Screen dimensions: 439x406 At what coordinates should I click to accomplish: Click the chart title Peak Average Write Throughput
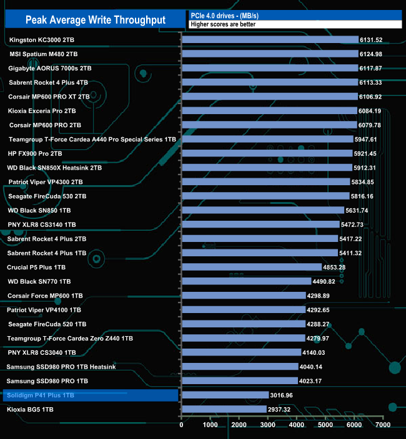pos(95,20)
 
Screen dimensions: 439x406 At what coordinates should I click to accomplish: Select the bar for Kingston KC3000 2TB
pos(270,39)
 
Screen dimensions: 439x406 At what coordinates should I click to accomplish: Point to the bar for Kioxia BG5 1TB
pos(224,409)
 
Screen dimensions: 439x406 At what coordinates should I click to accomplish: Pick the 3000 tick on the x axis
pos(268,425)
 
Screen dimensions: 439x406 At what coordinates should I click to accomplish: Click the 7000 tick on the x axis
pos(383,425)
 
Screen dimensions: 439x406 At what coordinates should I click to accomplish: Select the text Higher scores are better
pos(223,24)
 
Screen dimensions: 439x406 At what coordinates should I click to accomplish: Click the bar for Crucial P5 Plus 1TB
pos(251,267)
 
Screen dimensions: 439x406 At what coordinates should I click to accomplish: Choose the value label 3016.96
pos(283,395)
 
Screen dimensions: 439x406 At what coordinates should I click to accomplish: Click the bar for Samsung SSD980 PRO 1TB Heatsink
pos(239,367)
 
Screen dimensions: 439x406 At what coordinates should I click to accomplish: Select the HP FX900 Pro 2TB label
pos(35,153)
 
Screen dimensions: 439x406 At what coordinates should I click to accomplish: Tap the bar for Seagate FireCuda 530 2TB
pos(265,196)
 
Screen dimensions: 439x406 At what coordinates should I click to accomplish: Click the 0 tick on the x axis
pos(182,425)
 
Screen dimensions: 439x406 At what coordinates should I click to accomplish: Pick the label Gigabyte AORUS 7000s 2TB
pos(50,68)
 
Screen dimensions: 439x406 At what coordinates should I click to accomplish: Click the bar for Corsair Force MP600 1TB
pos(243,296)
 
